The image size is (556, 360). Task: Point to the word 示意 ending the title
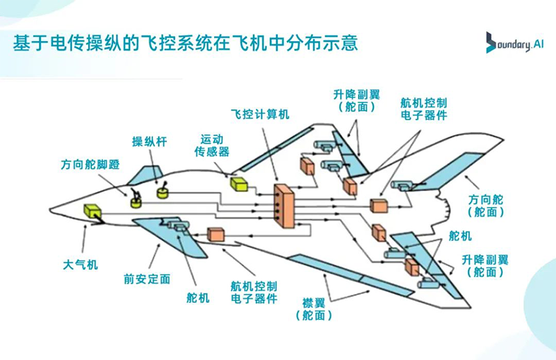click(x=343, y=43)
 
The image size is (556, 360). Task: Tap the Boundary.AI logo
click(x=514, y=43)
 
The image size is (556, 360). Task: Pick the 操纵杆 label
click(x=149, y=142)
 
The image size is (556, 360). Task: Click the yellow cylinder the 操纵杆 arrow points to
click(x=163, y=191)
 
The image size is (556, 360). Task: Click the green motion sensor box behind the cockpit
click(x=240, y=183)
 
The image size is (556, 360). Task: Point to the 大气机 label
click(x=81, y=265)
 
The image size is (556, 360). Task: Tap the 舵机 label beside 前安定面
click(x=197, y=298)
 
